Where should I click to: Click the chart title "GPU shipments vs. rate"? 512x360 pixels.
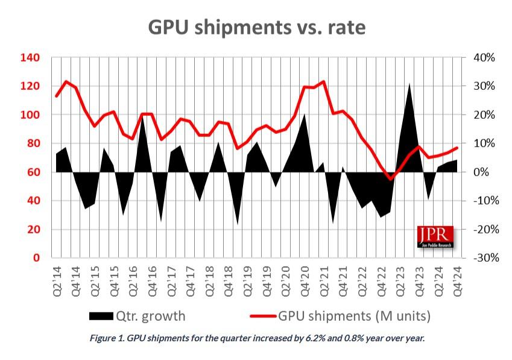point(257,27)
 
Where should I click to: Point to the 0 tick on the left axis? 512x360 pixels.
point(37,258)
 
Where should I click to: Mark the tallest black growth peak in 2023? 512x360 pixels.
point(409,84)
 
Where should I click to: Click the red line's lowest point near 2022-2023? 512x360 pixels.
point(391,178)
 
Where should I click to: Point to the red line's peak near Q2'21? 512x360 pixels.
point(324,81)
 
